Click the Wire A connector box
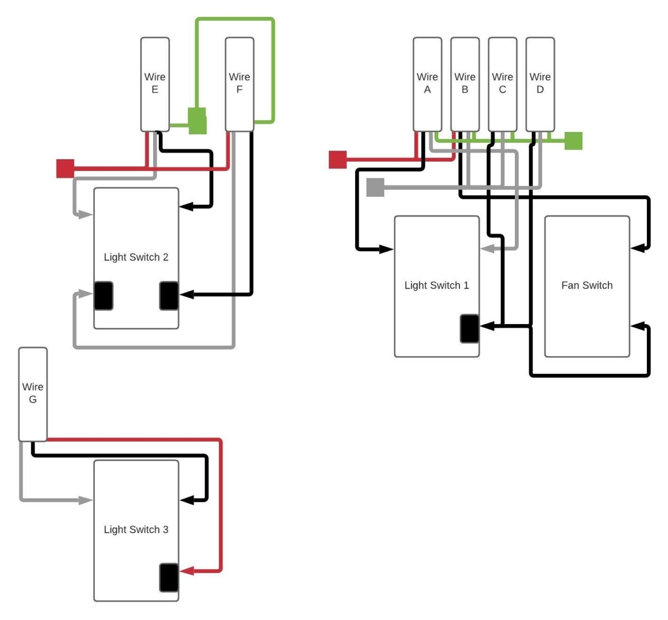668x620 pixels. click(427, 84)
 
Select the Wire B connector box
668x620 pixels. click(465, 84)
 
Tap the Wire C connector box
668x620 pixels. click(502, 84)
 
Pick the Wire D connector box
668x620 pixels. click(540, 84)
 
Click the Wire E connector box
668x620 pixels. click(155, 84)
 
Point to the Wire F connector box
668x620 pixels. click(239, 84)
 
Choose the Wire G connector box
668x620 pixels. click(33, 394)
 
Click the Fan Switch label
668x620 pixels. click(587, 286)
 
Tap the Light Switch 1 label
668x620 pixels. click(436, 286)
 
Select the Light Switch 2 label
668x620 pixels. click(136, 257)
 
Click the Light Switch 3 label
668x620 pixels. click(136, 530)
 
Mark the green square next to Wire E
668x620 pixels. click(197, 121)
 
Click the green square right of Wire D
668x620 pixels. click(573, 141)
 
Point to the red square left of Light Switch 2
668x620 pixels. click(65, 168)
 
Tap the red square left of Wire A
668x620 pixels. click(338, 159)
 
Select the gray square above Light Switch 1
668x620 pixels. click(375, 187)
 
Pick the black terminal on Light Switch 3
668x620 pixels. click(169, 577)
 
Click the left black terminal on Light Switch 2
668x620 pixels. click(103, 296)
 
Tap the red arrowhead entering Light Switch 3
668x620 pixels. click(186, 571)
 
